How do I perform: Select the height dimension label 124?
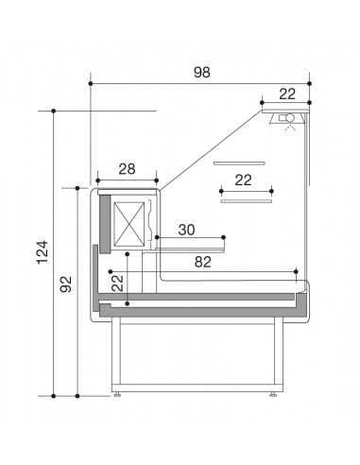[42, 252]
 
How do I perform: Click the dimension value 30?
[186, 230]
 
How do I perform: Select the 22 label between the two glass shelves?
[243, 180]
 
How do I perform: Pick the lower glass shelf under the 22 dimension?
[246, 200]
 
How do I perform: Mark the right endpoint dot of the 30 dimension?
[223, 237]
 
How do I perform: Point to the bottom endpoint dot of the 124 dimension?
[53, 393]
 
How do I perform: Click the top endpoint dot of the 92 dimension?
[77, 188]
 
